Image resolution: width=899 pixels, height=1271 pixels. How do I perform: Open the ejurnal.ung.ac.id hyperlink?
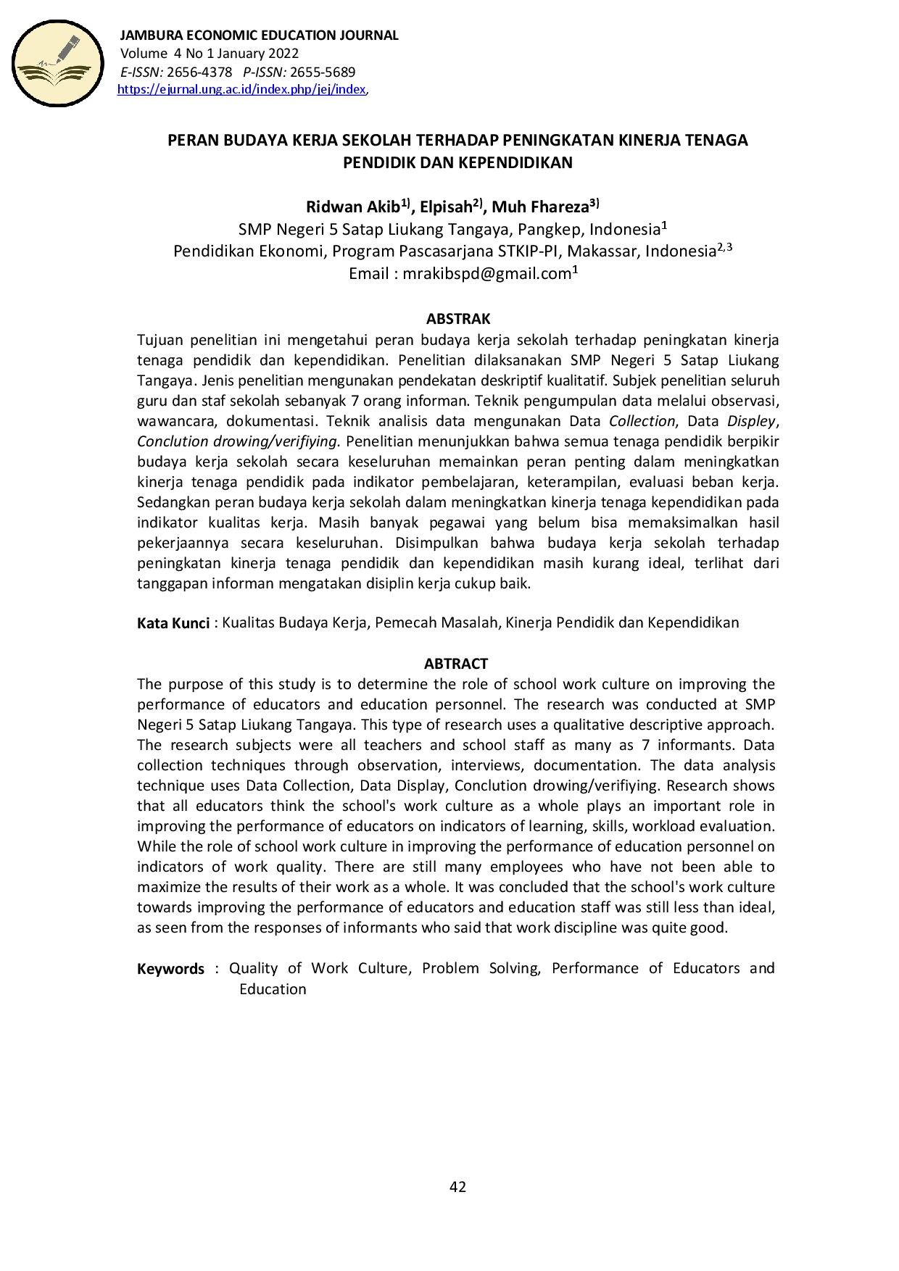[x=242, y=90]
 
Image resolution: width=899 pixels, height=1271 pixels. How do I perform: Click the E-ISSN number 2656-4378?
[x=199, y=72]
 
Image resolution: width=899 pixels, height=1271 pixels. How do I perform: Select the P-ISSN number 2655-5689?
[x=323, y=72]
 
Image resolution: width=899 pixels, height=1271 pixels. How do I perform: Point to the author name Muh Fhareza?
[x=539, y=207]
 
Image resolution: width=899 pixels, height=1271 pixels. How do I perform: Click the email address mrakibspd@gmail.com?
[x=487, y=274]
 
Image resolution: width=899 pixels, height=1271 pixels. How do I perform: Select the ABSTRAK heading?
[x=458, y=319]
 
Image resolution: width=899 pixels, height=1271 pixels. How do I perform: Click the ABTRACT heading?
[x=456, y=664]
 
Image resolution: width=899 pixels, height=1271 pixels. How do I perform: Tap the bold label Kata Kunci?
[x=173, y=623]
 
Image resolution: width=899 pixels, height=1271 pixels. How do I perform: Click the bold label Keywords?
[x=171, y=970]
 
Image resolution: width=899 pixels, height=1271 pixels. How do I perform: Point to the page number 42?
[x=458, y=1187]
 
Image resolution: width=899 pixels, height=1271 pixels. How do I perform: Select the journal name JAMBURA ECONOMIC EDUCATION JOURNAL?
[x=259, y=36]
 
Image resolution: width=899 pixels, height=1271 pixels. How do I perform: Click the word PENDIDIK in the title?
[x=376, y=162]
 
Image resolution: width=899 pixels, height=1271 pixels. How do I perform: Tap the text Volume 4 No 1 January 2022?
[x=210, y=54]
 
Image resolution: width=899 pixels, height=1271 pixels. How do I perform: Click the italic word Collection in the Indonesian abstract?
[x=642, y=421]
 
